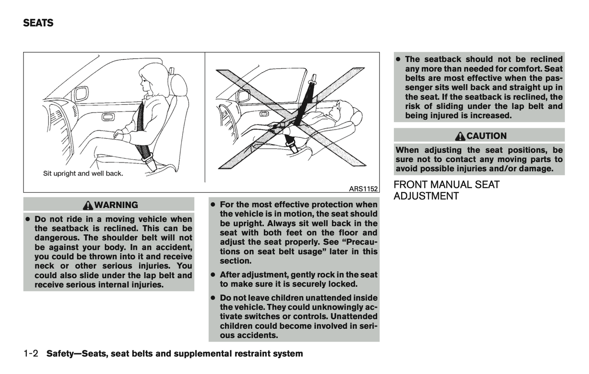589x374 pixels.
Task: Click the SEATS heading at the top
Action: click(x=38, y=23)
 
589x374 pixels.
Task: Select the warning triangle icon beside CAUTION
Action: click(x=460, y=136)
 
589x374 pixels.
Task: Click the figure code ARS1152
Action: click(x=364, y=189)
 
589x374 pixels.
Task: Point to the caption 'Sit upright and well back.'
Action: click(x=83, y=174)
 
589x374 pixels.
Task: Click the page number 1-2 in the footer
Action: click(x=31, y=354)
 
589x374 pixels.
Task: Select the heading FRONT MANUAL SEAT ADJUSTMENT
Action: click(x=446, y=190)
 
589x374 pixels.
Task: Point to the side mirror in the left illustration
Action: click(x=80, y=95)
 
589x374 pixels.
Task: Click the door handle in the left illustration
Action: click(x=108, y=117)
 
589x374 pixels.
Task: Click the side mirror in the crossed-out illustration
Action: click(x=245, y=96)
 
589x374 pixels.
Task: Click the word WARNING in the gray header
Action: click(x=116, y=205)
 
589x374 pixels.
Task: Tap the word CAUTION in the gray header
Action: click(x=486, y=136)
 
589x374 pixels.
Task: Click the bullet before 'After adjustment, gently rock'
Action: click(x=213, y=275)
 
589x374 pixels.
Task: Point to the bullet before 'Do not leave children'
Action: click(x=213, y=298)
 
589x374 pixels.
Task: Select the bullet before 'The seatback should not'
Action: click(x=398, y=59)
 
